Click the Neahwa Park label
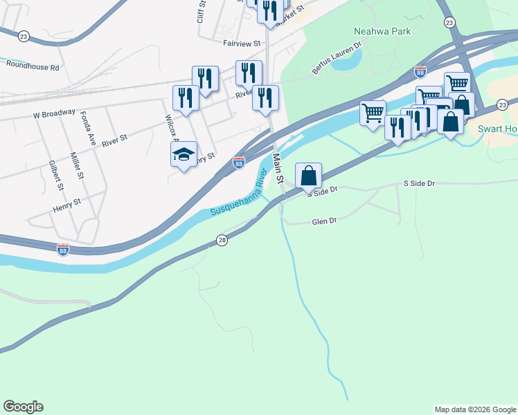click(x=382, y=31)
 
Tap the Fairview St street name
click(x=241, y=43)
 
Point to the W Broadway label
click(x=53, y=113)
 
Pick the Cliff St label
click(x=202, y=12)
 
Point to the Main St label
click(x=278, y=169)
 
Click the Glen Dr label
click(x=324, y=221)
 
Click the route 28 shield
click(x=222, y=240)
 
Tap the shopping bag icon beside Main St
click(x=309, y=176)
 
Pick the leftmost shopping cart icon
click(x=373, y=113)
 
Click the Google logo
click(x=23, y=407)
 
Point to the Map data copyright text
click(x=476, y=409)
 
